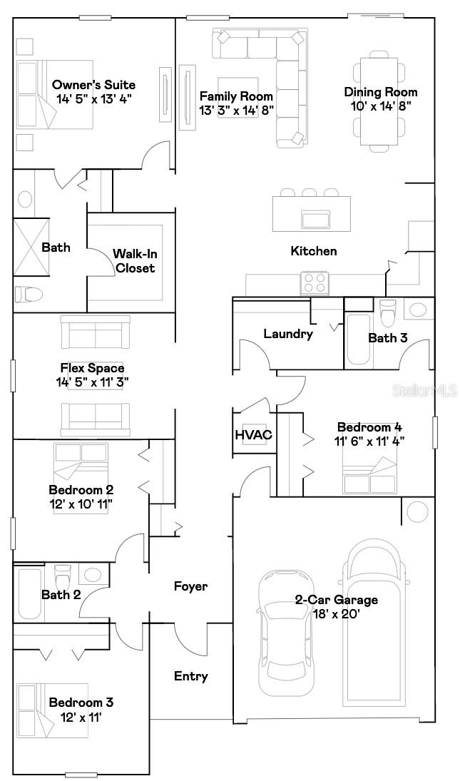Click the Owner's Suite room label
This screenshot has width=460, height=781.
(93, 86)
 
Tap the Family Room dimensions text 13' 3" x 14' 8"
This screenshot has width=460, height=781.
(236, 110)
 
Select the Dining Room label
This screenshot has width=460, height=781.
(381, 92)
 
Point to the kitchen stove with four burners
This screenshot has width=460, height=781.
(315, 283)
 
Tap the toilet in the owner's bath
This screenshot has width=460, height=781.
(29, 293)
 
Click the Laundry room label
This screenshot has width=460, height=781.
(288, 333)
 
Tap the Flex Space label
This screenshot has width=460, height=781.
(92, 369)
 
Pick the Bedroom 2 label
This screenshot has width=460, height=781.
(81, 490)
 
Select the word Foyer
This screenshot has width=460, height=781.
(191, 586)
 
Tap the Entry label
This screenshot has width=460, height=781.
(191, 676)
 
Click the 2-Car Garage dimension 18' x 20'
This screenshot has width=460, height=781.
(337, 613)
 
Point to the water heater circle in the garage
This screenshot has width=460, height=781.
(418, 511)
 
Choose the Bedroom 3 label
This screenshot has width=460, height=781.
(81, 703)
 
